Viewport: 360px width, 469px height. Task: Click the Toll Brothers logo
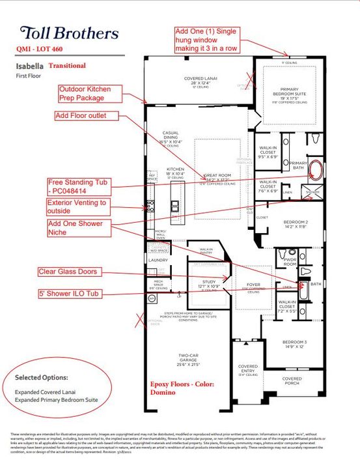coord(69,33)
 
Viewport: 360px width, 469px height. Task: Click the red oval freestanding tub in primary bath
coord(316,171)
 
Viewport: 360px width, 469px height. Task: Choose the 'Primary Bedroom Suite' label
coord(289,92)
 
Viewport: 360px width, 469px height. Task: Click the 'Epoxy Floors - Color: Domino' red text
coord(182,389)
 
